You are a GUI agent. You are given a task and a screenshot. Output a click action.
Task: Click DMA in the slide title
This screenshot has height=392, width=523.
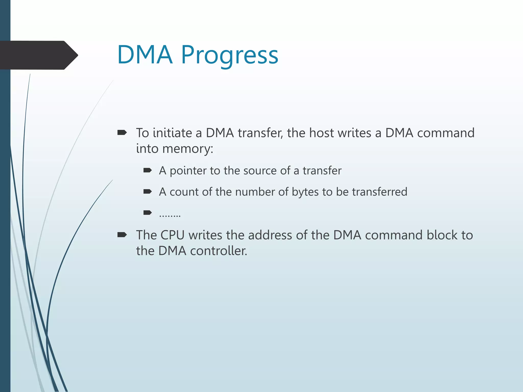145,55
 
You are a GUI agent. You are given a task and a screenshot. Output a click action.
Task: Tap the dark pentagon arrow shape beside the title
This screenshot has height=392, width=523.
38,55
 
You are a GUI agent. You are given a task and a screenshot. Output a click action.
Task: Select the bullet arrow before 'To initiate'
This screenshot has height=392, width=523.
122,132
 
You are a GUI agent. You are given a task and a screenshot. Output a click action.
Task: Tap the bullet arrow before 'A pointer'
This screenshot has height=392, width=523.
148,170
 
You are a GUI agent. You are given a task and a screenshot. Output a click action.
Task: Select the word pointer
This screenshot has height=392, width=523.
188,171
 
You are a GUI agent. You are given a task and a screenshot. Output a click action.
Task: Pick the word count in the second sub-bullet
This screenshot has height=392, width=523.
184,192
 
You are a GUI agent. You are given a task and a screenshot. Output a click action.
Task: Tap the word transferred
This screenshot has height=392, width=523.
379,192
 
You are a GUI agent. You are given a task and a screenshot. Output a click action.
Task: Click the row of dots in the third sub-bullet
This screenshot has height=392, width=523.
170,215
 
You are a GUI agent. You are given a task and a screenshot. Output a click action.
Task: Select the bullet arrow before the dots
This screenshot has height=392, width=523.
148,213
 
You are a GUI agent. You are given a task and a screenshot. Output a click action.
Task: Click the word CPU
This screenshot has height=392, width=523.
172,235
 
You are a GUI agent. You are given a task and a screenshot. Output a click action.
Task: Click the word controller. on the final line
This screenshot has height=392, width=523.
219,251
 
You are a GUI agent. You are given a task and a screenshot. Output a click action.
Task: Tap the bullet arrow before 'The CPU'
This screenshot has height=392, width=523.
122,235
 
